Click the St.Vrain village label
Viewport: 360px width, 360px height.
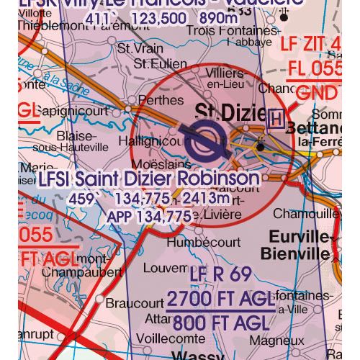click(x=136, y=50)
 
